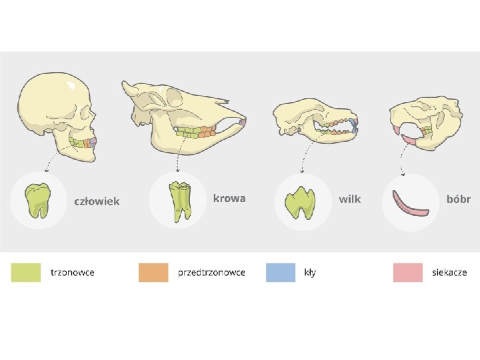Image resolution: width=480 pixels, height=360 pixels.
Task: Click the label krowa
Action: [x=229, y=198]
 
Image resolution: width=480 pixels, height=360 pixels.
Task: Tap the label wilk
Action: [x=349, y=199]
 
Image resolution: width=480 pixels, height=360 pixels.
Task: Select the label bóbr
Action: [x=458, y=199]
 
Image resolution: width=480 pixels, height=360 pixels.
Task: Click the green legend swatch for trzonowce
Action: [x=25, y=272]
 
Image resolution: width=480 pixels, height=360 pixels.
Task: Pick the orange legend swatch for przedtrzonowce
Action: [x=153, y=272]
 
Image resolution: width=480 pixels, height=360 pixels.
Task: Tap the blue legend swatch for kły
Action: [x=280, y=272]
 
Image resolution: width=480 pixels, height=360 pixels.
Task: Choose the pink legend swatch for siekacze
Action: [x=407, y=272]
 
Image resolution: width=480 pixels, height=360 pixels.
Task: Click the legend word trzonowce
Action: [x=73, y=272]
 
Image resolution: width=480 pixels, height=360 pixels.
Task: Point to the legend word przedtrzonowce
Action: [x=211, y=272]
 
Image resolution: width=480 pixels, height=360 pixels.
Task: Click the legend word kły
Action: [x=310, y=272]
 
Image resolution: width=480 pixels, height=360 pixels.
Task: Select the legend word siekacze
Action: [x=449, y=272]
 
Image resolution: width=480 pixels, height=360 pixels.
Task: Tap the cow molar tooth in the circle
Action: [x=178, y=201]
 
